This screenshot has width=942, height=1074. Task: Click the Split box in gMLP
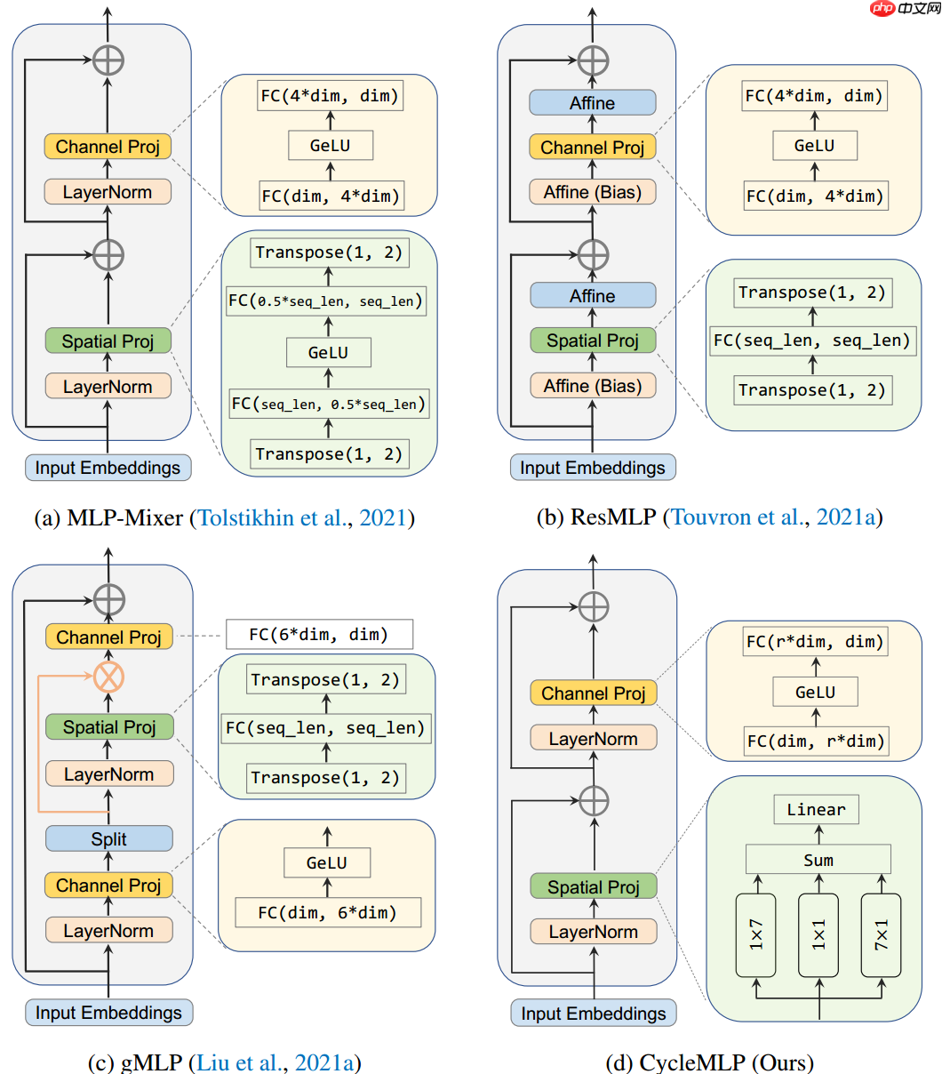coord(108,838)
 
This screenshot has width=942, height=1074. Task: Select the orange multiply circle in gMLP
coord(108,677)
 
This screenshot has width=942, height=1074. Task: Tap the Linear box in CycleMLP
coord(816,809)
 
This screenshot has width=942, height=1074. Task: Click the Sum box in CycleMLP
coord(818,860)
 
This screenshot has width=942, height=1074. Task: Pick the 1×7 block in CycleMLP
coord(756,934)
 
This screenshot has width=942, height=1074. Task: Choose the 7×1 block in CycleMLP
coord(881,934)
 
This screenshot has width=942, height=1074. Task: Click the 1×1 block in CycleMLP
coord(818,934)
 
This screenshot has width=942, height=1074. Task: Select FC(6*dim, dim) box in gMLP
coord(319,634)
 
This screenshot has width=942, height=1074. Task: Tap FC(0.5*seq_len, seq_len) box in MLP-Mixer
coord(326,301)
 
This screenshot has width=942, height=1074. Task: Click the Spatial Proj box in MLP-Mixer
coord(108,341)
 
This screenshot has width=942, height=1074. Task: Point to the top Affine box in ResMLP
coord(593,103)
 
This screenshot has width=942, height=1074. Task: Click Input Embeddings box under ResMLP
coord(593,468)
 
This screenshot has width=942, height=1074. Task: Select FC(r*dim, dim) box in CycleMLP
coord(815,641)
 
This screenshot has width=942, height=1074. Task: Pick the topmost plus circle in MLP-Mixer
coord(108,60)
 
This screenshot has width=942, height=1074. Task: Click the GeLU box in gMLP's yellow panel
coord(326,863)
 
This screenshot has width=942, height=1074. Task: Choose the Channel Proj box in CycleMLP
coord(593,693)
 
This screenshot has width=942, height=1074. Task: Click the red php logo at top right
coord(882,9)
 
